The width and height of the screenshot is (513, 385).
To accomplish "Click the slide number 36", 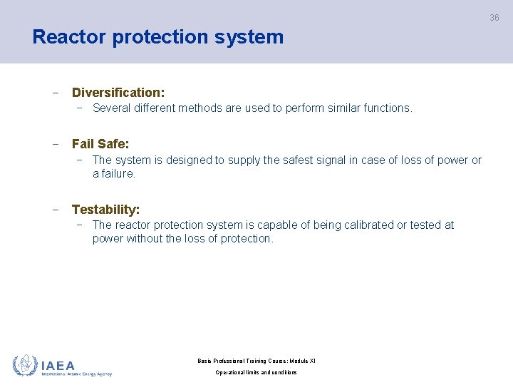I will point(494,18).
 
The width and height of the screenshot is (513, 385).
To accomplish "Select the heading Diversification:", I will point(118,93).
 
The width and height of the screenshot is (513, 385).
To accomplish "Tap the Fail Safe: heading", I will point(100,144).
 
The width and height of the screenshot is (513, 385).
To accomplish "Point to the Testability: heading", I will point(105,210).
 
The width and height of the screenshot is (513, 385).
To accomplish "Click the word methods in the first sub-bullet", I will point(202,108).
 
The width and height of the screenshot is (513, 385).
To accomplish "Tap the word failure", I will point(118,174).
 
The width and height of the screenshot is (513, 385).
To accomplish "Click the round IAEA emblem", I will point(25,365).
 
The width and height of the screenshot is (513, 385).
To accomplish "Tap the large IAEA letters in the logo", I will point(58,364).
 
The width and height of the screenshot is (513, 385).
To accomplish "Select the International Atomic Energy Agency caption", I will point(76,374).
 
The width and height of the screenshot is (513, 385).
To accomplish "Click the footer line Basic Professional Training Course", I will point(256,361).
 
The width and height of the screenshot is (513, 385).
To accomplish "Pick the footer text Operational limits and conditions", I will point(256,373).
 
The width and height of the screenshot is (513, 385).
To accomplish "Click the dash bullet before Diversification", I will point(55,93).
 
